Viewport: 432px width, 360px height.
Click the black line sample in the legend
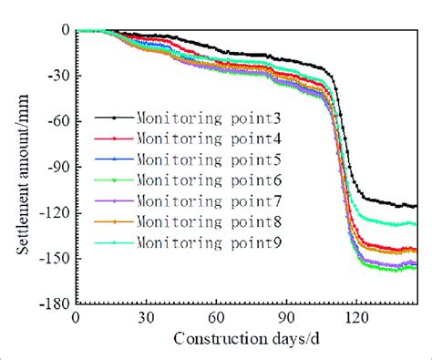tap(114, 118)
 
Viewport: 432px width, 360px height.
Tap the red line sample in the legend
tap(114, 139)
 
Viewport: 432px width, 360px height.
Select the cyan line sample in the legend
tap(114, 242)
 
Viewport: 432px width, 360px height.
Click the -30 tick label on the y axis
tap(57, 75)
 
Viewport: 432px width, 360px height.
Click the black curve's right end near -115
tap(415, 206)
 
